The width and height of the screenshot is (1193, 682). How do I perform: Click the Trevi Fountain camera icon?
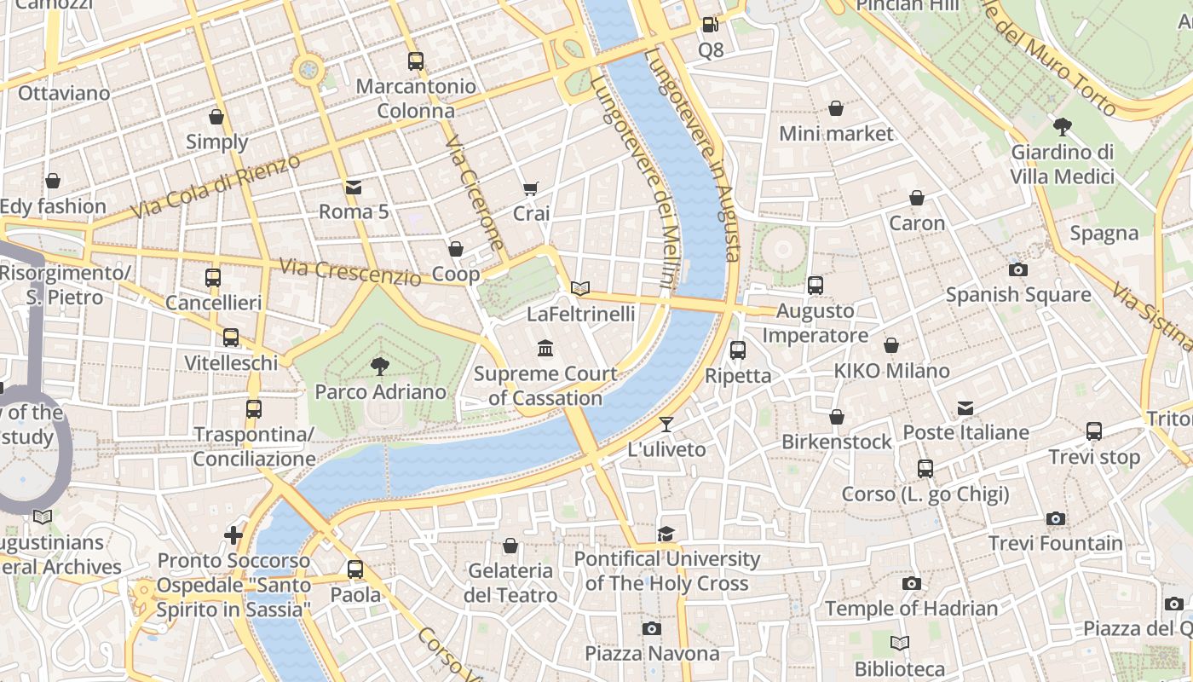(1055, 518)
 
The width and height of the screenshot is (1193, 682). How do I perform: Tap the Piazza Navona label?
(652, 654)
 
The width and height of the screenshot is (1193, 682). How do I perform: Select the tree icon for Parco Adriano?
(380, 367)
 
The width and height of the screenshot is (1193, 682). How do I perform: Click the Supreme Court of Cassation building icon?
(545, 348)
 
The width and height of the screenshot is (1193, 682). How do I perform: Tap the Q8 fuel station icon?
(710, 26)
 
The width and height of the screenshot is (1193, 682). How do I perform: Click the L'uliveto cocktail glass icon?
(666, 424)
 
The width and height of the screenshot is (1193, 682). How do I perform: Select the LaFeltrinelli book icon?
(580, 289)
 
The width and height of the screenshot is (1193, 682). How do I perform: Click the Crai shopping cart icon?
(531, 188)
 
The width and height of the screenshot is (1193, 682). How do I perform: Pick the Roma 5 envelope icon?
(353, 187)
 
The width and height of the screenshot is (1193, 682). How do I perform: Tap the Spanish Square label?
(1018, 295)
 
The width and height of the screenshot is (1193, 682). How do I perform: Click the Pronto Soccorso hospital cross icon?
(233, 535)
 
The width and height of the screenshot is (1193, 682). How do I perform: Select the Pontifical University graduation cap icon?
(666, 534)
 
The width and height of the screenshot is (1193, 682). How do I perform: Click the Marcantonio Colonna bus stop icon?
(415, 61)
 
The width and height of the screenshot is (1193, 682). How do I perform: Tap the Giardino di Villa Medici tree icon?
(1062, 127)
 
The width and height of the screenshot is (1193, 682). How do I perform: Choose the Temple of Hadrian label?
(911, 609)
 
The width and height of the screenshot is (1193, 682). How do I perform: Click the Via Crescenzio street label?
(350, 272)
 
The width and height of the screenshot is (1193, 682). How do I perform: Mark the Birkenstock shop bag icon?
(837, 417)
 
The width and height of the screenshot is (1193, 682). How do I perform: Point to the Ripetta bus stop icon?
(738, 350)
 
